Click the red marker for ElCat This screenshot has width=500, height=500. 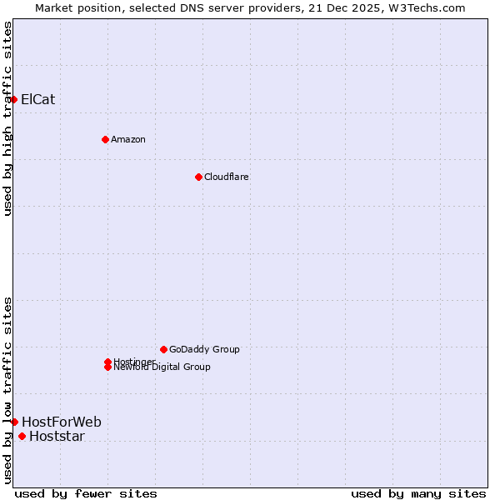click(x=13, y=99)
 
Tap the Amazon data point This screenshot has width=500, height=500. click(x=105, y=139)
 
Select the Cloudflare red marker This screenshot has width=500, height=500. click(x=198, y=177)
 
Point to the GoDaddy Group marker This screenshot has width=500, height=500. click(x=163, y=349)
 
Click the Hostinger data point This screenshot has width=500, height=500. click(x=107, y=362)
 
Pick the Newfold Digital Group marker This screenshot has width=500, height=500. click(x=107, y=367)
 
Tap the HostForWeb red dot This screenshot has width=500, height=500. click(x=14, y=422)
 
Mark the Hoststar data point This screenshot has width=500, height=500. click(x=22, y=436)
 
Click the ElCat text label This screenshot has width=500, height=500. click(x=37, y=99)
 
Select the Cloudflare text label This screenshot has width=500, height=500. click(x=226, y=177)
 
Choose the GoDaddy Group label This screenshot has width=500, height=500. click(x=204, y=349)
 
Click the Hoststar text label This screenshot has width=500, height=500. click(x=57, y=437)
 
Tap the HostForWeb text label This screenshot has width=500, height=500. click(x=61, y=422)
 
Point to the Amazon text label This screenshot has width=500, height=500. click(x=127, y=139)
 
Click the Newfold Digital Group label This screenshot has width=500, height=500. click(x=162, y=367)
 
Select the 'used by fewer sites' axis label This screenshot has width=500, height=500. click(x=86, y=493)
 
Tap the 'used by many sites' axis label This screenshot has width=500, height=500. click(x=418, y=493)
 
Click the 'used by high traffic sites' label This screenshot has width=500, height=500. click(x=7, y=118)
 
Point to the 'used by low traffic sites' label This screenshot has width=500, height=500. click(x=7, y=389)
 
